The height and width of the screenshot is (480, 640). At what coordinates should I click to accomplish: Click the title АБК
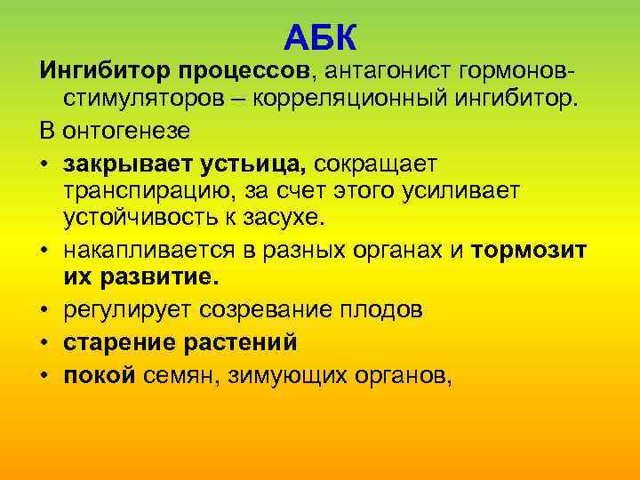pyautogui.click(x=322, y=38)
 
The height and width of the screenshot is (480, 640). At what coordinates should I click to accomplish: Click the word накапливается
pyautogui.click(x=158, y=252)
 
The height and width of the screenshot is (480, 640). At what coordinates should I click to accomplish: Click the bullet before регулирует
pyautogui.click(x=45, y=312)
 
